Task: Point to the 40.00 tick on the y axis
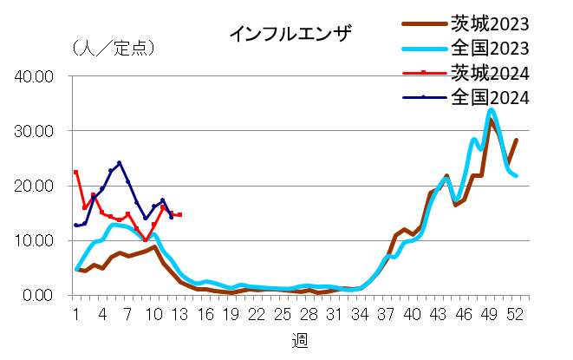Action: [x=36, y=76]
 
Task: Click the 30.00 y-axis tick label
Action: [x=36, y=131]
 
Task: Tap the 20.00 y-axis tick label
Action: [x=36, y=186]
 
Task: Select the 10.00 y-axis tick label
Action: [x=36, y=240]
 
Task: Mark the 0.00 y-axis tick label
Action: [x=39, y=295]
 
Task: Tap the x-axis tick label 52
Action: [x=516, y=313]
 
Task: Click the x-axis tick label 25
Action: [x=283, y=313]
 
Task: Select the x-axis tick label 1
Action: [x=76, y=313]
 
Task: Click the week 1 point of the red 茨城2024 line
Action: [x=76, y=172]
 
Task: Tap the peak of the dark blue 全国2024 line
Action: [x=119, y=162]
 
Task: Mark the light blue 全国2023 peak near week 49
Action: [x=492, y=110]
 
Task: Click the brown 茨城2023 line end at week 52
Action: [x=517, y=140]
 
